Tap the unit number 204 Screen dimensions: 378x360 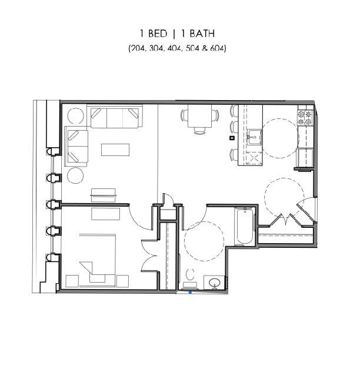click(138, 48)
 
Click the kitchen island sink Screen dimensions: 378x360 click(254, 137)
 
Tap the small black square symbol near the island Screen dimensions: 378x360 click(232, 138)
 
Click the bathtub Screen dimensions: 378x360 click(244, 227)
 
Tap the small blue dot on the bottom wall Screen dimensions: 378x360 click(190, 291)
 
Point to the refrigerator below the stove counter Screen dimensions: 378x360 click(306, 157)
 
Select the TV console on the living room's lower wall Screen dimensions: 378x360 click(104, 192)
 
